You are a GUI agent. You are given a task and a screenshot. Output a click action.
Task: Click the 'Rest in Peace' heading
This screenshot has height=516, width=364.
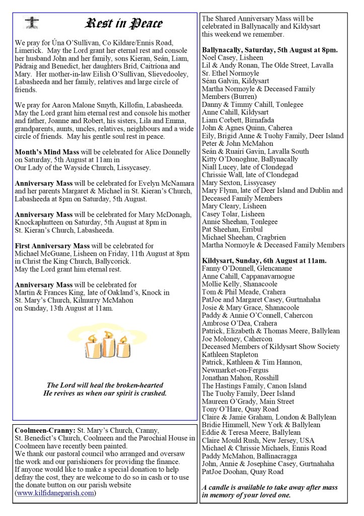pos(125,23)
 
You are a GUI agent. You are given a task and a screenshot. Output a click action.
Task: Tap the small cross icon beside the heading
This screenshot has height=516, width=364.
pos(32,23)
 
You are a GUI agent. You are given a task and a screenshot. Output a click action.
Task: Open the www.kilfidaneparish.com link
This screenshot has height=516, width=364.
pos(55,493)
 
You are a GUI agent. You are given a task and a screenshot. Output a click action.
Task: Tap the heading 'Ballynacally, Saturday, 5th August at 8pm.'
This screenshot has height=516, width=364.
pos(269,50)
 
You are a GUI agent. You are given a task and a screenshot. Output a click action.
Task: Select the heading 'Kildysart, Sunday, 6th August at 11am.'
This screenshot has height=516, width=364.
pos(264,260)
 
